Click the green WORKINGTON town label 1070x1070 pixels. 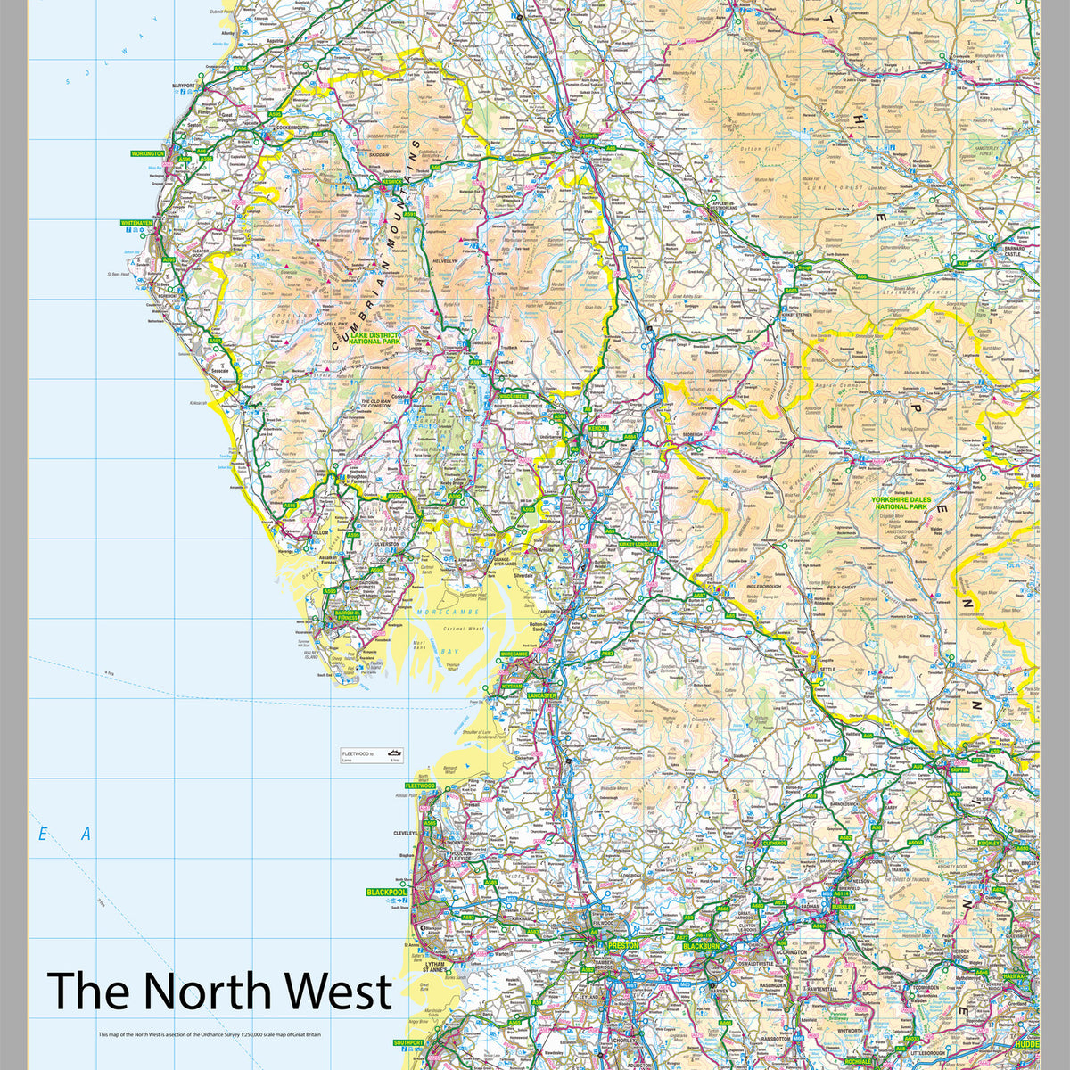click(x=148, y=153)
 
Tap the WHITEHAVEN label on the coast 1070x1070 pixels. click(x=138, y=223)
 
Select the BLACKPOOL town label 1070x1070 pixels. click(x=386, y=892)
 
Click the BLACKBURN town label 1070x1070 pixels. click(x=700, y=946)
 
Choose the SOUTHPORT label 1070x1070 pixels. click(x=407, y=1042)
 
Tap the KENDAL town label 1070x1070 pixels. click(x=597, y=429)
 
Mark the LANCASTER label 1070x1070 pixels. click(x=541, y=695)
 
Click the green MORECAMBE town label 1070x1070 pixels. click(x=514, y=654)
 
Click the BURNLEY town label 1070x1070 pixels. click(x=843, y=907)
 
